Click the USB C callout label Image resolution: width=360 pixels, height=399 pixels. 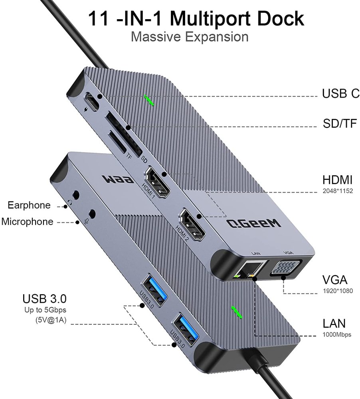340,94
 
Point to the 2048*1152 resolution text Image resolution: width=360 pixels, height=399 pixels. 338,191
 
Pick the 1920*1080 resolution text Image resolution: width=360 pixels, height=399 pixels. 338,291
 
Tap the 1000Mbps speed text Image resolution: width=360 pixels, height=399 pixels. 337,334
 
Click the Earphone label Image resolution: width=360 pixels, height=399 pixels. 29,205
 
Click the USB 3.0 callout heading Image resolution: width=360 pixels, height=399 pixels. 44,298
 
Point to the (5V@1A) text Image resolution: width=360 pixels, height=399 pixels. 51,320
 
